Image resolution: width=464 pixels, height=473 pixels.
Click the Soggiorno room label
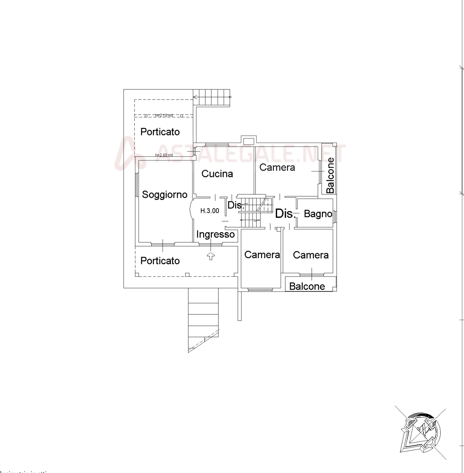(x=164, y=195)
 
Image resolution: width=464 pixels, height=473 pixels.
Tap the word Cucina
(x=217, y=174)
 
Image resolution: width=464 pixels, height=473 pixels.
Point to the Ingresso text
(x=215, y=235)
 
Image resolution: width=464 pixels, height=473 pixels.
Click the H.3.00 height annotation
(x=209, y=211)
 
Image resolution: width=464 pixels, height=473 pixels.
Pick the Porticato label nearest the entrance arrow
(x=160, y=261)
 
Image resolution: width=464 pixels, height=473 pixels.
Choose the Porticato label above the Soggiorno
(x=160, y=132)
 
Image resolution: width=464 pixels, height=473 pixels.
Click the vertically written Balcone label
(x=331, y=178)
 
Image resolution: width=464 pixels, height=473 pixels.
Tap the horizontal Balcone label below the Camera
(x=307, y=286)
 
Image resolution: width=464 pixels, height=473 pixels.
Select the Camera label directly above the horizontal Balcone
(x=311, y=255)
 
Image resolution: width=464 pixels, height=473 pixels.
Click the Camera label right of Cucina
(x=277, y=168)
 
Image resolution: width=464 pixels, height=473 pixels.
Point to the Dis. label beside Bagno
(x=284, y=214)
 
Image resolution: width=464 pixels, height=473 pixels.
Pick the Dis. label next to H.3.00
(x=234, y=206)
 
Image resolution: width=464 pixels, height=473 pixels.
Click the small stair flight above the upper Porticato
(x=213, y=97)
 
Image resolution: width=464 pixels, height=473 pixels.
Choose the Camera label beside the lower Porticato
(x=262, y=255)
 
